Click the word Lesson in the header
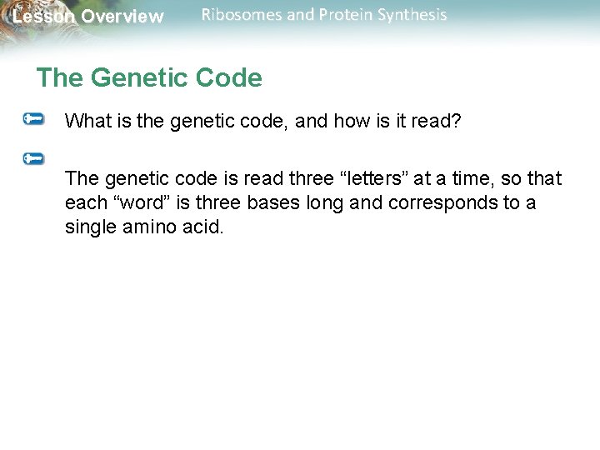coord(40,17)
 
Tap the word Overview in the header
coord(122,17)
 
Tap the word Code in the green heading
coord(231,78)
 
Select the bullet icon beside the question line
coord(34,120)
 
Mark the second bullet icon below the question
coord(34,157)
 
